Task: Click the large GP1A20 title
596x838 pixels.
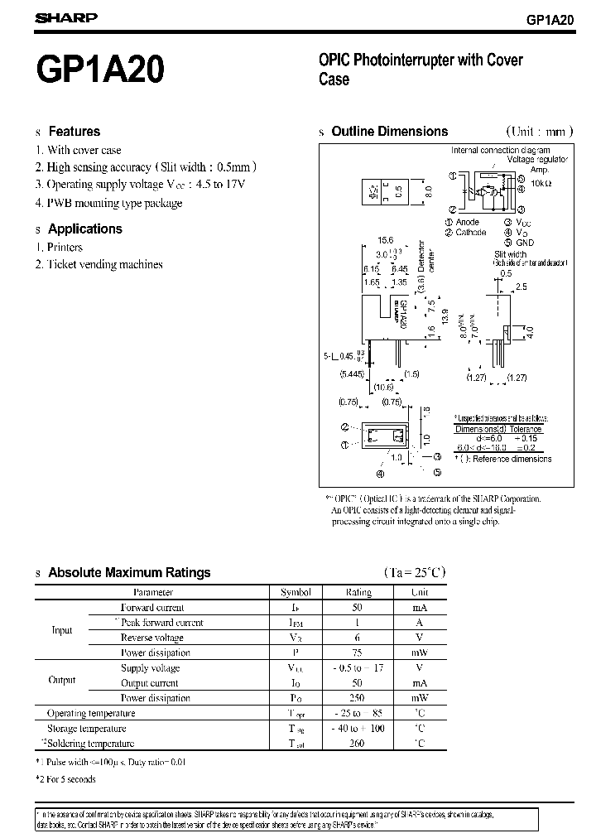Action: coord(99,73)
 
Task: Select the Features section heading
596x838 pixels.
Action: coord(74,131)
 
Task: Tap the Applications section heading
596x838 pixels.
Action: coord(84,229)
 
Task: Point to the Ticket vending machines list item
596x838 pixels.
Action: coord(104,264)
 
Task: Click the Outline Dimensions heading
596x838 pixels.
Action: coord(389,131)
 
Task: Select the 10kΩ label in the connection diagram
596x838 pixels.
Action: coord(541,182)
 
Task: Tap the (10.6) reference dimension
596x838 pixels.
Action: coord(384,388)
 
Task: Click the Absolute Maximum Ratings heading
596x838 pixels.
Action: coord(129,572)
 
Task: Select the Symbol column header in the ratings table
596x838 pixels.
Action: coord(296,592)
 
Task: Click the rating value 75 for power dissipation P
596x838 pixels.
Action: coord(358,653)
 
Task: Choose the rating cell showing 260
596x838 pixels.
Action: coord(358,744)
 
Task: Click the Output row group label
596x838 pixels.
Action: coord(62,680)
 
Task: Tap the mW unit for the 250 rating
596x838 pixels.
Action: coord(420,698)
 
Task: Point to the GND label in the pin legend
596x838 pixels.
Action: coord(525,243)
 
